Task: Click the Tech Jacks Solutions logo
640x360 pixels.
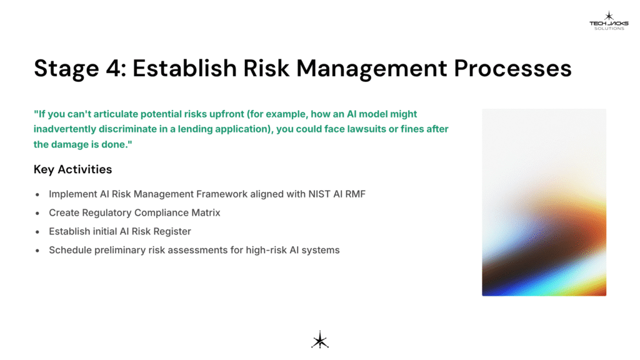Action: pos(608,21)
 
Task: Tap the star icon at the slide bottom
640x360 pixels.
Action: pos(320,339)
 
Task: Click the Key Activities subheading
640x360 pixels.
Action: pos(72,169)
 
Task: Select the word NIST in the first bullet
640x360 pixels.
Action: pos(315,194)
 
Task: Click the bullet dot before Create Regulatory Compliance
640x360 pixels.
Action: pos(38,213)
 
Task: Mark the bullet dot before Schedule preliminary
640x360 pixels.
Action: pos(38,251)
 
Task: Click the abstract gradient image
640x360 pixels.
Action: pos(544,202)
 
